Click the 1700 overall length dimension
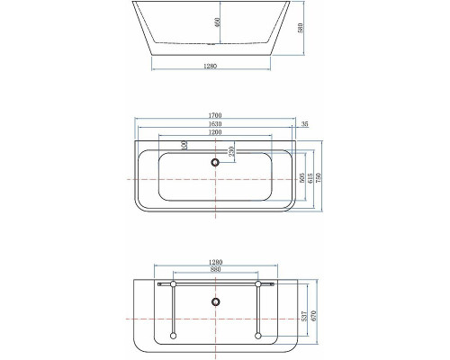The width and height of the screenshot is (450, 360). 215,116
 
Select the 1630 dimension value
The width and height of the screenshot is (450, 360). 215,125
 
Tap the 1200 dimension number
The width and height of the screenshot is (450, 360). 215,133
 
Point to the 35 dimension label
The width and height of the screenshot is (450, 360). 306,124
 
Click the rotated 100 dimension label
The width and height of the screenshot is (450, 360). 184,145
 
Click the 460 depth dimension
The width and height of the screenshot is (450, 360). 217,24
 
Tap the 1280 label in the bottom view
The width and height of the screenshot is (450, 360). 215,263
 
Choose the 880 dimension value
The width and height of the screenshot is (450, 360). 215,272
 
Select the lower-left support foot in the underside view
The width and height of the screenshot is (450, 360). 171,337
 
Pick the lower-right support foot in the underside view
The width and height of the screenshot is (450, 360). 258,337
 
